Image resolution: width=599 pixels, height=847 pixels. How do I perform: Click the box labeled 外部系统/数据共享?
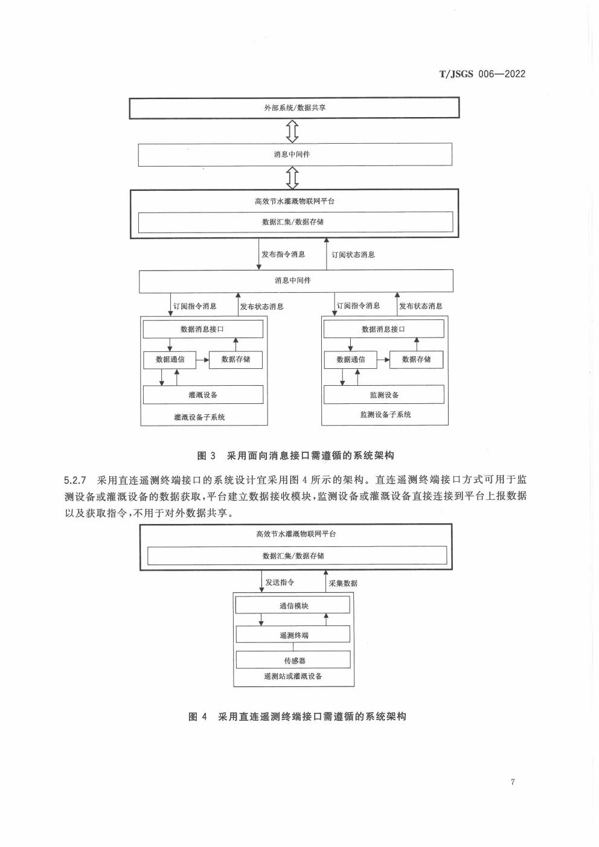point(294,108)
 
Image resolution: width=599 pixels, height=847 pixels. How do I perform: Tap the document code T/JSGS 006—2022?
point(482,74)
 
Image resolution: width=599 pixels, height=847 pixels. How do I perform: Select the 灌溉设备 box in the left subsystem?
point(203,395)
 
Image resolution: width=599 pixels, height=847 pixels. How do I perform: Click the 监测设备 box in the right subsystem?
point(384,395)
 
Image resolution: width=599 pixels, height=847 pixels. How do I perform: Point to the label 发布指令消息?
point(283,254)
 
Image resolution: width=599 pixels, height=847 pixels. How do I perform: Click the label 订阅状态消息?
point(353,255)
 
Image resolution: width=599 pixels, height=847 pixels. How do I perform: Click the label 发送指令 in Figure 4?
point(280,583)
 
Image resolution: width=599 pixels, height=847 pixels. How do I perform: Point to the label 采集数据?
point(343,583)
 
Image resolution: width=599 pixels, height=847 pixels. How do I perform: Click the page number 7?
point(513,782)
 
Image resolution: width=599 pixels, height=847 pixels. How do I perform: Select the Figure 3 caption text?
point(296,455)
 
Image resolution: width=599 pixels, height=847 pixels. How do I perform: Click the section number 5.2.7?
point(76,481)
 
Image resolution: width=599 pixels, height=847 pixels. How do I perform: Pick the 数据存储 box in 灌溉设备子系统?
point(235,359)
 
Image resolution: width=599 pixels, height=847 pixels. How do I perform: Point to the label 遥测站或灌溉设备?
point(293,676)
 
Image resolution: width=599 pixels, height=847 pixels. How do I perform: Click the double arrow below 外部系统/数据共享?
point(293,130)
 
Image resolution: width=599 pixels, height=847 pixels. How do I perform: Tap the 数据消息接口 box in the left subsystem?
point(203,329)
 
